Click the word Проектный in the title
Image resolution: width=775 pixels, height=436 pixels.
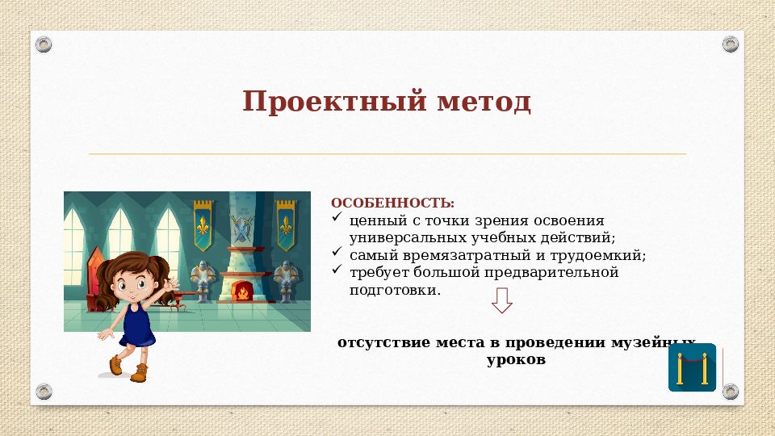333,103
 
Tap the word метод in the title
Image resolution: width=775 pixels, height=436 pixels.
484,103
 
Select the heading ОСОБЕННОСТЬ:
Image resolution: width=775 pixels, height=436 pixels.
392,203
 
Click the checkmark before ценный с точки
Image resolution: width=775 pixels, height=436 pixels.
337,219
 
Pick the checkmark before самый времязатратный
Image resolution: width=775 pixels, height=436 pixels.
337,254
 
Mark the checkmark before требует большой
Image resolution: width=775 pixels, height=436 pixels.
337,271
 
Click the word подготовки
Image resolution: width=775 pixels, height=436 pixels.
395,291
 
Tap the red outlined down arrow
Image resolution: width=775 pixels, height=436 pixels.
502,302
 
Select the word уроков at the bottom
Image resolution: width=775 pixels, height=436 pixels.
517,360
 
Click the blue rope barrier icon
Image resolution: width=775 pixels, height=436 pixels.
692,367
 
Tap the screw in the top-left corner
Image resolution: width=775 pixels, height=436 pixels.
44,44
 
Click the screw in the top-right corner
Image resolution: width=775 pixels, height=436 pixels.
730,44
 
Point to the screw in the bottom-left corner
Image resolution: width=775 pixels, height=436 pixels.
44,392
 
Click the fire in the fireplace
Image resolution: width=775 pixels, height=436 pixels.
241,291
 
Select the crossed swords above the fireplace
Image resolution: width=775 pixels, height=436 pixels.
241,228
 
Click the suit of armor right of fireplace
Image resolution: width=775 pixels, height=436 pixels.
285,280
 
